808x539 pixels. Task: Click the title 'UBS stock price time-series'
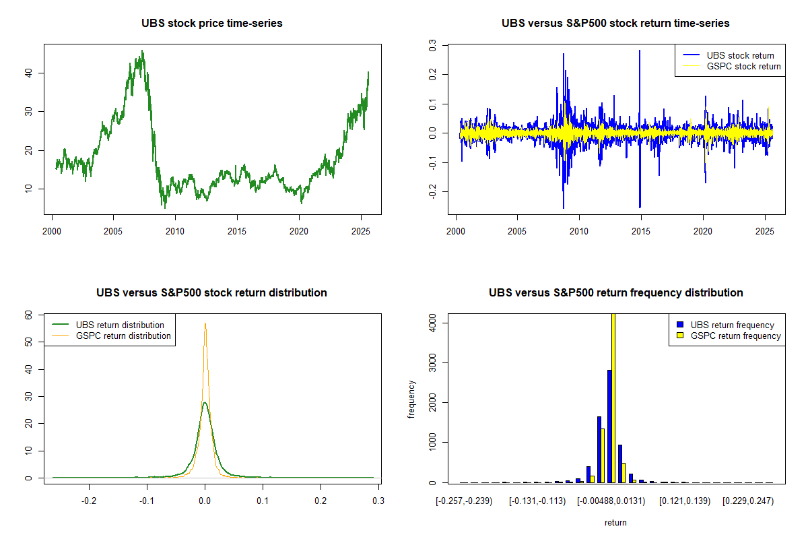click(211, 24)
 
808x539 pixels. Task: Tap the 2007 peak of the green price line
click(142, 51)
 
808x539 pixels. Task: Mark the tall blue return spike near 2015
click(640, 51)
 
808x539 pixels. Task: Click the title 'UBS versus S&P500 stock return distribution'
click(211, 293)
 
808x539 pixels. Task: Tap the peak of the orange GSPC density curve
click(205, 324)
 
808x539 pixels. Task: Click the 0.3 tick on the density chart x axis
click(378, 501)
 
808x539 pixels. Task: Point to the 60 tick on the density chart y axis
click(28, 315)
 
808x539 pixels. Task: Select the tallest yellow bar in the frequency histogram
click(613, 398)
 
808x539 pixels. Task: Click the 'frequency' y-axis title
click(412, 399)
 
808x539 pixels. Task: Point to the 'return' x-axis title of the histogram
click(615, 522)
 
